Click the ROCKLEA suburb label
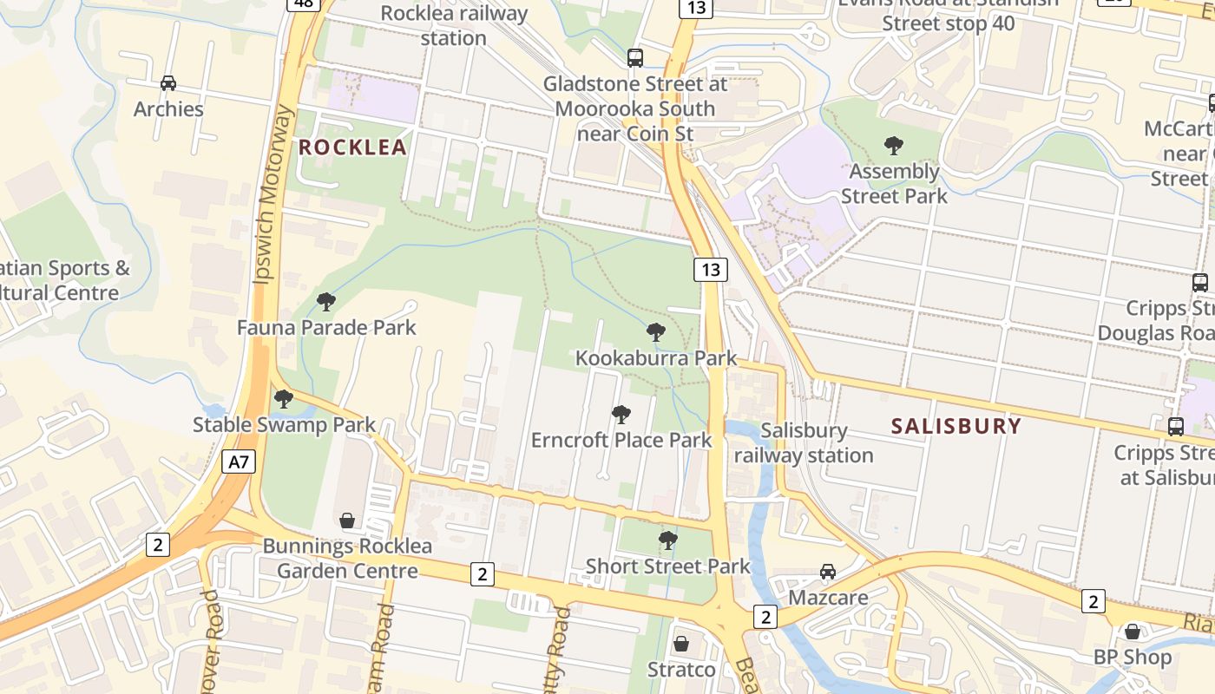[352, 147]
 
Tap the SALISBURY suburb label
[956, 426]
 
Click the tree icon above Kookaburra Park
[656, 332]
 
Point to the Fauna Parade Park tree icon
[326, 302]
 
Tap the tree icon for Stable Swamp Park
[284, 399]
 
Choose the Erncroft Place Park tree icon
[621, 415]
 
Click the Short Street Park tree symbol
[667, 540]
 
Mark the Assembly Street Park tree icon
[894, 146]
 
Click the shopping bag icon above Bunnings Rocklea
[347, 520]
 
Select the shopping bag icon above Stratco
[681, 644]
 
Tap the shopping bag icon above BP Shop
[1132, 632]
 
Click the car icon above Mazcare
[828, 572]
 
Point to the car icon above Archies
[168, 83]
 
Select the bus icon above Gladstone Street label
[635, 58]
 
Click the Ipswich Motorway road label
[273, 195]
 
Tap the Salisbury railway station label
[804, 442]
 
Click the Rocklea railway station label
[454, 25]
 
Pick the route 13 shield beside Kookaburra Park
[710, 270]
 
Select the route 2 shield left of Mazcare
[765, 617]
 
